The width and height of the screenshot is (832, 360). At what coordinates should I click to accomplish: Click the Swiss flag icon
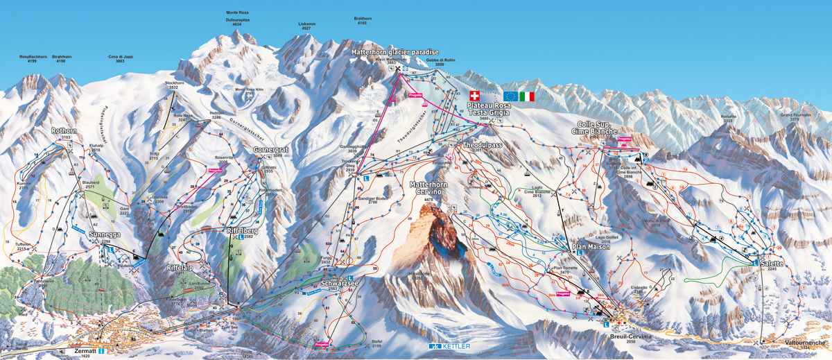click(x=474, y=96)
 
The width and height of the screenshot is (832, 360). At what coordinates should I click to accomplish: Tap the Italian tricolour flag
click(x=527, y=96)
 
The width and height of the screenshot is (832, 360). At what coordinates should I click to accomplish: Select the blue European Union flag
click(x=510, y=96)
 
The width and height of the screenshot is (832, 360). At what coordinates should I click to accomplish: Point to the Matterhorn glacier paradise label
click(x=395, y=52)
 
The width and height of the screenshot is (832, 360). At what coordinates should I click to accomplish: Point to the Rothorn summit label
click(x=64, y=130)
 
